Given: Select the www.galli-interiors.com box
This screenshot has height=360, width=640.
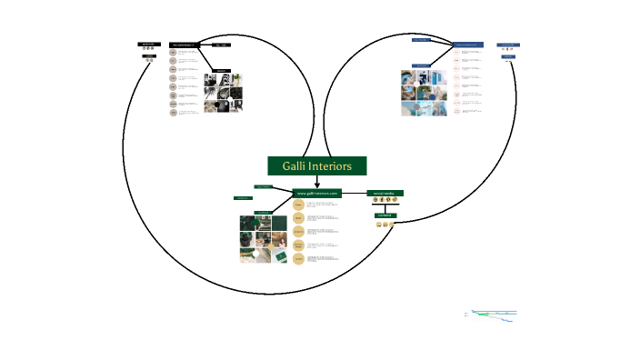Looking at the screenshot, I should point(316,194).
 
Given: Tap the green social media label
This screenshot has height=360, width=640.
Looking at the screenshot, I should point(385,194).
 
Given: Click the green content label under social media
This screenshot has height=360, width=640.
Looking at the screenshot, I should point(385,215).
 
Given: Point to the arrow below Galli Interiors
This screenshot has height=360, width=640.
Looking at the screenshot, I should point(316,182).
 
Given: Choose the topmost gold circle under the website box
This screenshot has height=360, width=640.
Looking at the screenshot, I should point(298,205).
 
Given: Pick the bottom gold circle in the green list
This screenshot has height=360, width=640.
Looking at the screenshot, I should point(298,259).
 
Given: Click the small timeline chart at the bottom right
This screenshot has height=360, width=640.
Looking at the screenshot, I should point(492,315).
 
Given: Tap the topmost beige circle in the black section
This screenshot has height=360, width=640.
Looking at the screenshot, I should point(173,53).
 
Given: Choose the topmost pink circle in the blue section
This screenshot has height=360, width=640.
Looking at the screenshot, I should point(456,53).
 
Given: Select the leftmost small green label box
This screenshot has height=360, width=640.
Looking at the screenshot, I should point(243,197).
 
